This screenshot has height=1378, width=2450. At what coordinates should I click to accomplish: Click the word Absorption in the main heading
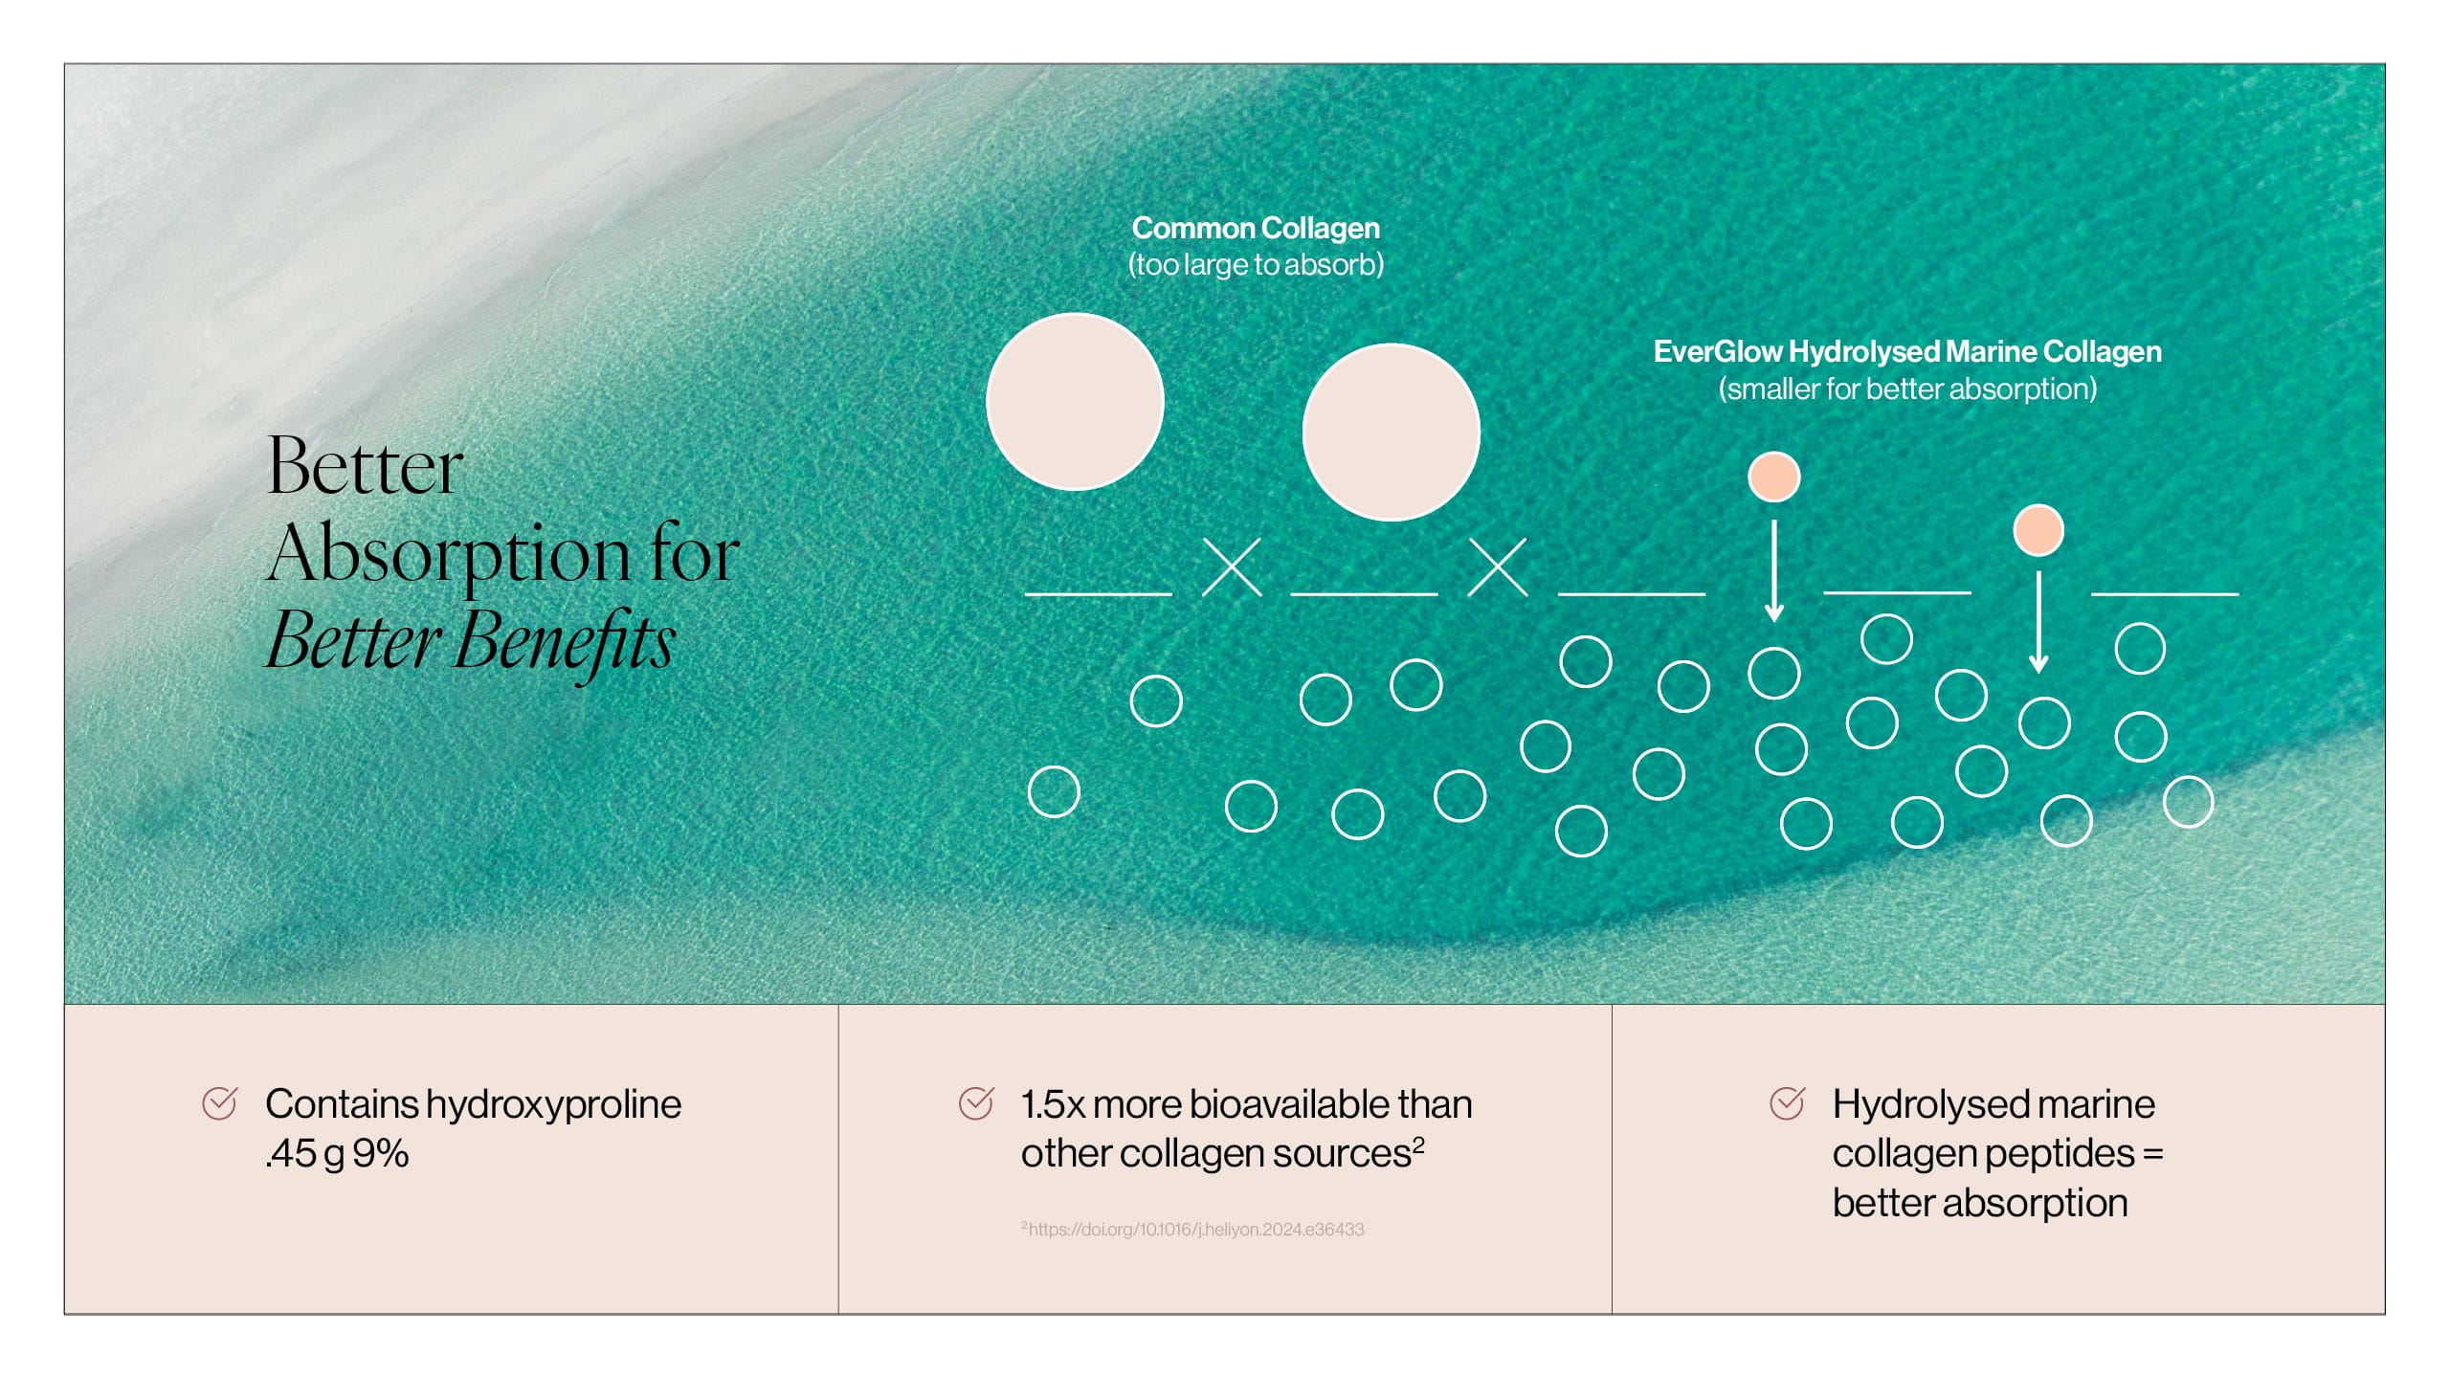[449, 555]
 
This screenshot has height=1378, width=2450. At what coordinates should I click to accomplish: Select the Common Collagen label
[1256, 229]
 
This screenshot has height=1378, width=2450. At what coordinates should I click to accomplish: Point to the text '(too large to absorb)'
[1256, 265]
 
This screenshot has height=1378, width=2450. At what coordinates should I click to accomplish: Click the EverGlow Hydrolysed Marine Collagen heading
[1907, 352]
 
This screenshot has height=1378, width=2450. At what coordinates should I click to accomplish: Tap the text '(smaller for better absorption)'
[1907, 389]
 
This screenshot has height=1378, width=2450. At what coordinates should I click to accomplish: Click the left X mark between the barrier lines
[1232, 567]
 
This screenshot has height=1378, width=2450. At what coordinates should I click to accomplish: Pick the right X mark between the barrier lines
[1498, 567]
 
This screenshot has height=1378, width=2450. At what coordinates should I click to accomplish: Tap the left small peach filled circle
[1774, 477]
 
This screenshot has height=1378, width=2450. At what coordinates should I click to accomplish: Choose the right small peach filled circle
[2038, 530]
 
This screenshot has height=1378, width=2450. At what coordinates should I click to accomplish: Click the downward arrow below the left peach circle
[1774, 571]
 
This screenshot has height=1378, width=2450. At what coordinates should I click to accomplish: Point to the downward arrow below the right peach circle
[2038, 623]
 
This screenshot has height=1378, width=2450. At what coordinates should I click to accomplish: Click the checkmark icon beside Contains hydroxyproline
[220, 1103]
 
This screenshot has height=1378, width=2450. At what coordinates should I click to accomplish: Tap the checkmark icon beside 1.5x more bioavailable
[976, 1103]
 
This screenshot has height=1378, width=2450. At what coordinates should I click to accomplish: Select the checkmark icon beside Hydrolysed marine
[1788, 1103]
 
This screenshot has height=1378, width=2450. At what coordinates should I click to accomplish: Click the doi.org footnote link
[1193, 1230]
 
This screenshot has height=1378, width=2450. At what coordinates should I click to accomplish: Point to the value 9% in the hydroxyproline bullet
[380, 1154]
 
